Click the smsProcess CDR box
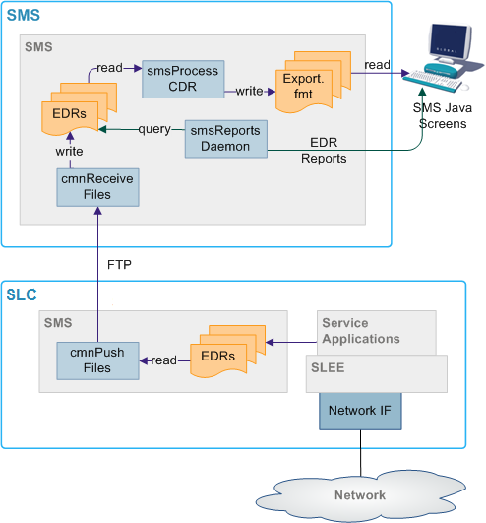[x=184, y=80]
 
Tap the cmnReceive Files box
[x=96, y=186]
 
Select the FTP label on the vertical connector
[x=117, y=264]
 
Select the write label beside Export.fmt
[x=249, y=90]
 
